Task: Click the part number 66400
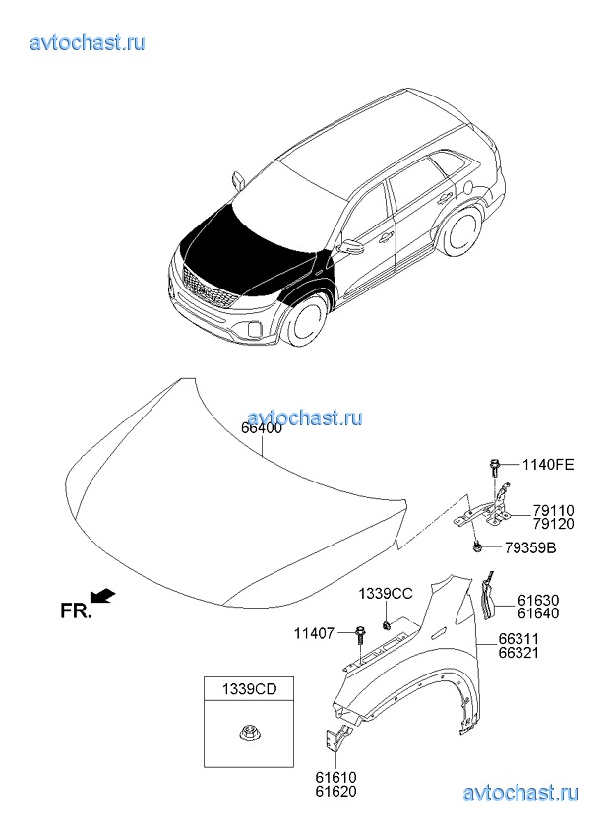(262, 428)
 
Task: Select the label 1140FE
(548, 465)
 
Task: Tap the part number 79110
(554, 512)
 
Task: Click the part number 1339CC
(386, 594)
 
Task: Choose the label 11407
(314, 634)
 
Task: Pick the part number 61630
(538, 602)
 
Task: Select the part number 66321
(518, 652)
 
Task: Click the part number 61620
(335, 792)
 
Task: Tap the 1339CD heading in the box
(249, 689)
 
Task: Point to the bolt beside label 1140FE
(494, 469)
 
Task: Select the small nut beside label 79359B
(476, 546)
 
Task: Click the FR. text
(76, 610)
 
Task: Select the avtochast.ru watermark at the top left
(88, 42)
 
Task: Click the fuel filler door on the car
(467, 187)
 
